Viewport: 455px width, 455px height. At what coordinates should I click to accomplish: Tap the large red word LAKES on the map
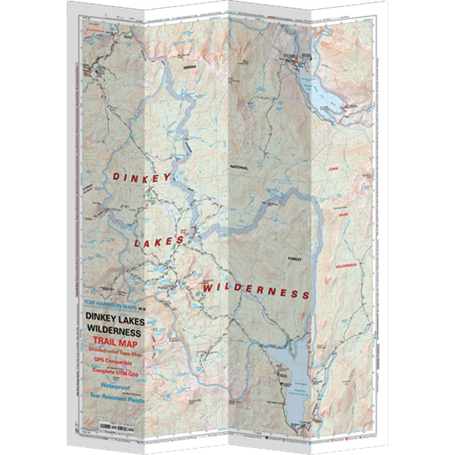(x=159, y=241)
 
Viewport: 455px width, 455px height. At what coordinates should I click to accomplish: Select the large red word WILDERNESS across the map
(x=255, y=291)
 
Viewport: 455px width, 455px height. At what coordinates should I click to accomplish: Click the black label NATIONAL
(x=240, y=167)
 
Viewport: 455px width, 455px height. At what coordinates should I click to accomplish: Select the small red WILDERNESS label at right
(x=346, y=266)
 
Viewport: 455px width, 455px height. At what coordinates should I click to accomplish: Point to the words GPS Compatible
(x=113, y=362)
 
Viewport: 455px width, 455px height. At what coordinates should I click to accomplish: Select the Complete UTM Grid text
(x=115, y=373)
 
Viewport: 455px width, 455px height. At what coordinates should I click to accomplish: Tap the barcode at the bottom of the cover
(x=114, y=424)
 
